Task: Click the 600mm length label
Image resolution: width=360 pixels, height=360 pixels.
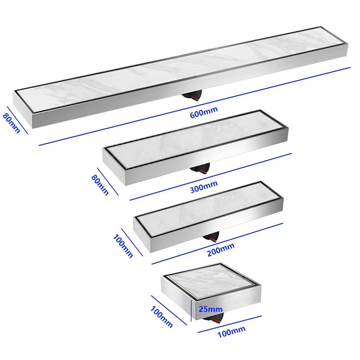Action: (204, 112)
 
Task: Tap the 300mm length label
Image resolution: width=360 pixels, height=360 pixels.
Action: (204, 187)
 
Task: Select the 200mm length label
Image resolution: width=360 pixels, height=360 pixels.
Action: (220, 250)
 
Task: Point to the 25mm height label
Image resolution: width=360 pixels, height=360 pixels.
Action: (211, 309)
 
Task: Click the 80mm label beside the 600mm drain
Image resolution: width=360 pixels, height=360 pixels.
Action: (12, 123)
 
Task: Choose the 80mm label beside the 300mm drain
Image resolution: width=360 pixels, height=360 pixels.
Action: (100, 185)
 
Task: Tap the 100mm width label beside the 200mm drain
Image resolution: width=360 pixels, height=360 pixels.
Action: (123, 246)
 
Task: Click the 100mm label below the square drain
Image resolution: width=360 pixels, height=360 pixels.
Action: (231, 332)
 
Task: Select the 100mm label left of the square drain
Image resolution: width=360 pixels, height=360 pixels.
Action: (162, 317)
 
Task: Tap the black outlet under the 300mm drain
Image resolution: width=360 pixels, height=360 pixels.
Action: (200, 169)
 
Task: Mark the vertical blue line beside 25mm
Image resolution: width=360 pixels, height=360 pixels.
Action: (191, 311)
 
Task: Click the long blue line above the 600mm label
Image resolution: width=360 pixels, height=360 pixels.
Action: (195, 106)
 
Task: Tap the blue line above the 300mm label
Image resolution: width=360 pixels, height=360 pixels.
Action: (211, 177)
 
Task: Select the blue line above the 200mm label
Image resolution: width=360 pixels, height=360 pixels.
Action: (217, 243)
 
